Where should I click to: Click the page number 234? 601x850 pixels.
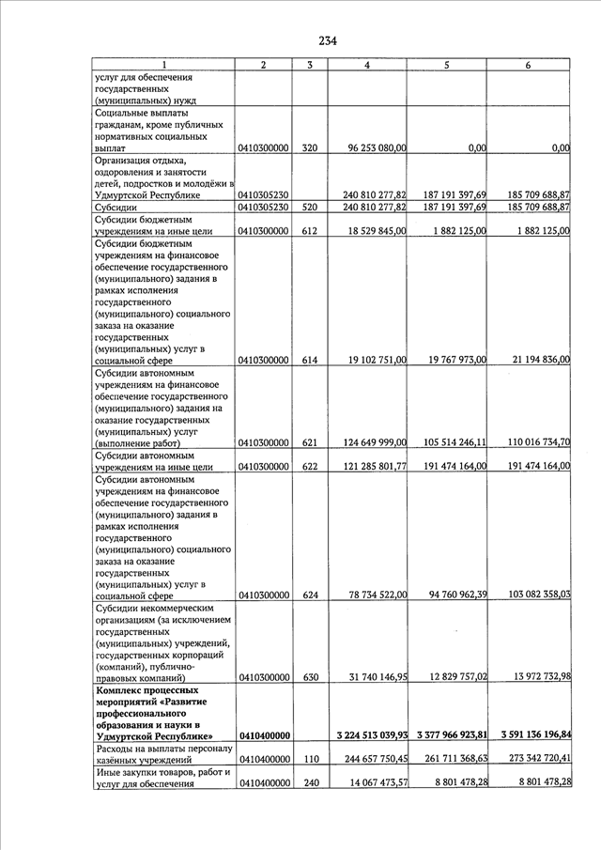[x=327, y=40]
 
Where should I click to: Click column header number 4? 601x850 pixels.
[x=367, y=65]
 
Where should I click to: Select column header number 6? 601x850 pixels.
[x=529, y=65]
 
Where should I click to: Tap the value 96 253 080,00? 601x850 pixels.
[x=377, y=147]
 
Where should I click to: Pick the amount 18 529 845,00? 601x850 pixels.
[x=377, y=230]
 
